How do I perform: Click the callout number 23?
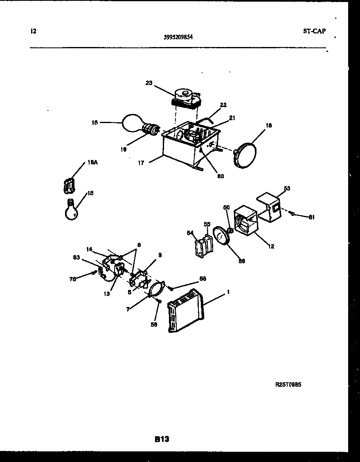tap(148, 83)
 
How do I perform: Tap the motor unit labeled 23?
tap(185, 99)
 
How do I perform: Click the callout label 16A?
tap(92, 162)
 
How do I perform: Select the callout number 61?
tap(312, 217)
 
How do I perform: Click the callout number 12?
tap(271, 246)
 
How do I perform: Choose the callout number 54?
tap(190, 233)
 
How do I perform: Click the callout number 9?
tap(160, 255)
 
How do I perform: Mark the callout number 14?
tap(90, 249)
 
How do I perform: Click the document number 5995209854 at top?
tap(178, 37)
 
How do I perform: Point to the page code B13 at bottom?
tap(162, 439)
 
